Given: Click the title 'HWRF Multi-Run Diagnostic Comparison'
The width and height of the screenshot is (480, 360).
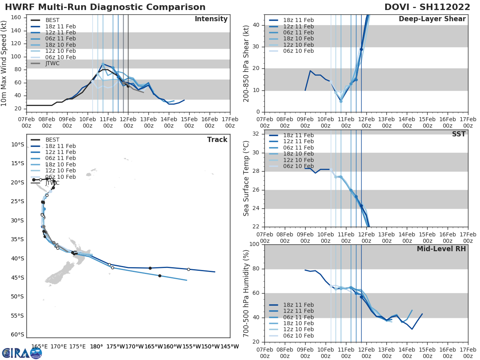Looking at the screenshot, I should tap(105, 7).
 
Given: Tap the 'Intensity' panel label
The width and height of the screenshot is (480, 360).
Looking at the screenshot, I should tap(211, 19).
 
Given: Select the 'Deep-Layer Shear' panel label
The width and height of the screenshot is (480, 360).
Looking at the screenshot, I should tap(432, 19).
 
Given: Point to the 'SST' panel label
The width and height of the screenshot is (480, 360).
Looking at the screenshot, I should tap(458, 134).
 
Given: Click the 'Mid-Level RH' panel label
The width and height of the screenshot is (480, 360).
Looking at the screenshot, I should tap(441, 249).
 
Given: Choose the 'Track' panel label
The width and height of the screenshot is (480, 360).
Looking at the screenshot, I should tap(217, 140).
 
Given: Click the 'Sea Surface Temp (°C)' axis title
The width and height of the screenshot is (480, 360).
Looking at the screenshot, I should tap(246, 178).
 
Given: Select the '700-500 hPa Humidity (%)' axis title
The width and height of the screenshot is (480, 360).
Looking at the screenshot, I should tap(246, 293).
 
